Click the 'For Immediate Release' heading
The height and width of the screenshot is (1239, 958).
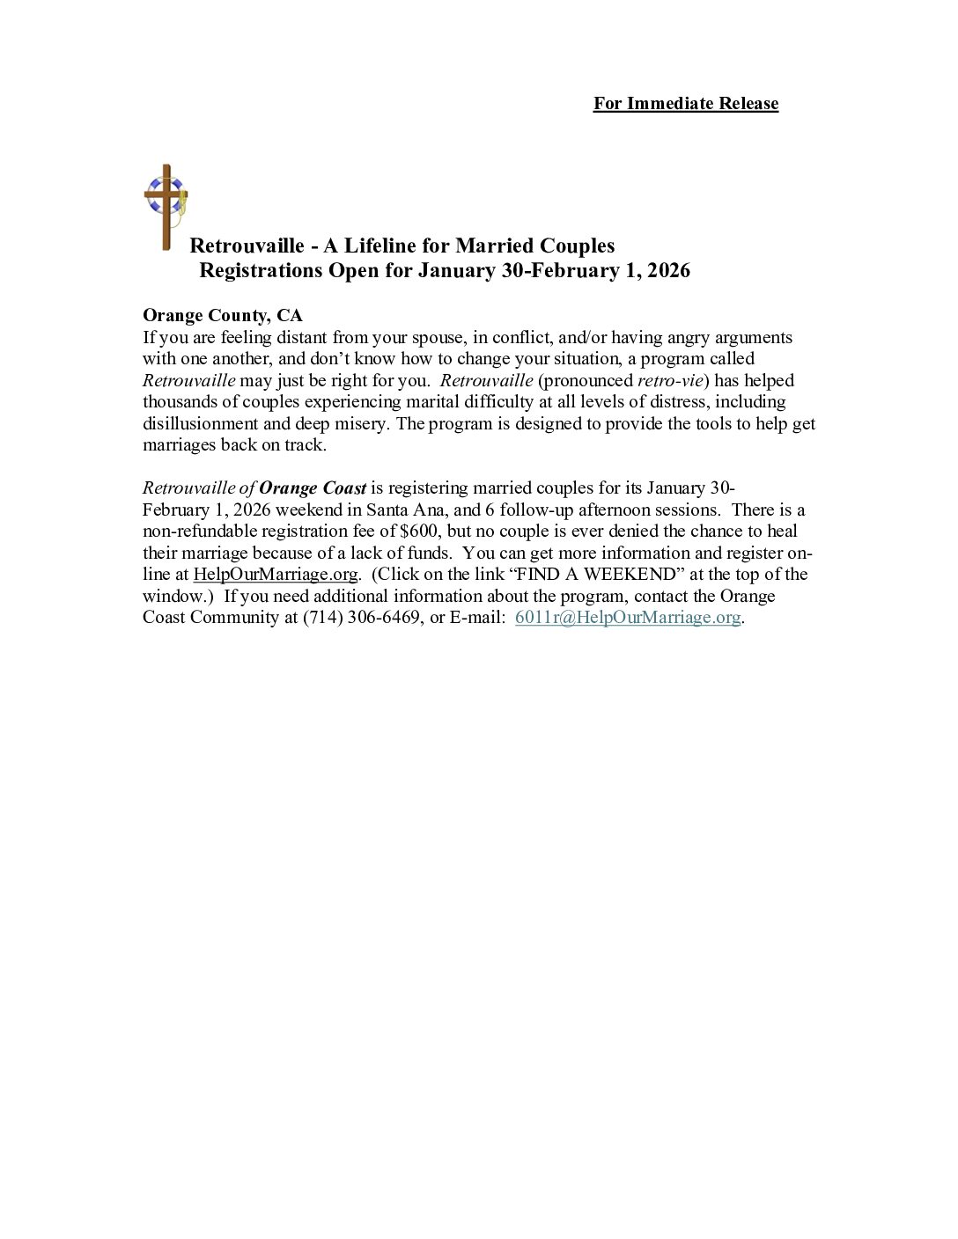point(685,104)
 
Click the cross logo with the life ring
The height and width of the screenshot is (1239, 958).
point(166,207)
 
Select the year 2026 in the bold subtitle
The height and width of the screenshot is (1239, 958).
point(668,270)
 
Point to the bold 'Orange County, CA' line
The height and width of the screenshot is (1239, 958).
point(222,316)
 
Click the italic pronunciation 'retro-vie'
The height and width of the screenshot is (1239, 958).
point(670,380)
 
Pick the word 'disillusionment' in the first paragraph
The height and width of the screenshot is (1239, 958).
point(200,423)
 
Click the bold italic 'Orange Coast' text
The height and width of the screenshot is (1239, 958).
point(313,488)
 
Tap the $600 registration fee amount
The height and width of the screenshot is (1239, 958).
point(421,531)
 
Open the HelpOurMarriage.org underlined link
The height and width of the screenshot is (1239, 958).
point(276,575)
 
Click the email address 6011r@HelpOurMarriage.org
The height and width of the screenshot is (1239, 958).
point(628,618)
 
